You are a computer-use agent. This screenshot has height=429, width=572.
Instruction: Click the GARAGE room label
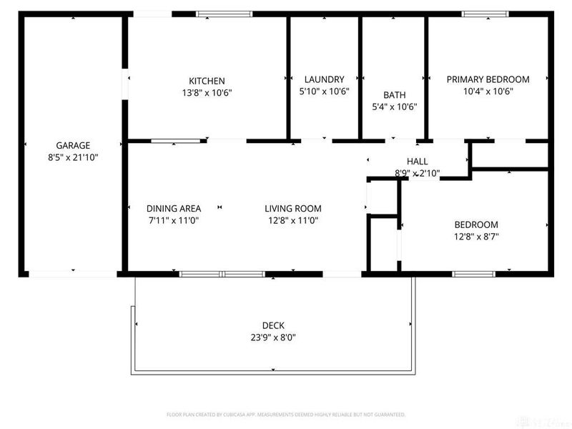click(73, 145)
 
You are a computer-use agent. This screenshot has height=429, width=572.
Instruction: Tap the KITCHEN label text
click(207, 80)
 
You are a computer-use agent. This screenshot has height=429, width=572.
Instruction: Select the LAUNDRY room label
click(324, 79)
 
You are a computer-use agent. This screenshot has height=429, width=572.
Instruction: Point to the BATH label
click(394, 94)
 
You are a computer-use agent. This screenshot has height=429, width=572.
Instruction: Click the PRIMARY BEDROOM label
click(488, 79)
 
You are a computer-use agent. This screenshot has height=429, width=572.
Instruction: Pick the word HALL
click(418, 162)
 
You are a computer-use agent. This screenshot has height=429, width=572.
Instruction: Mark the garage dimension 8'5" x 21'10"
click(73, 157)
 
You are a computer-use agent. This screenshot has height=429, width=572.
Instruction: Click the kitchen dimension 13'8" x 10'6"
click(207, 92)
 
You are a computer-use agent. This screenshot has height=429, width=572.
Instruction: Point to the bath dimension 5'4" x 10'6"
click(394, 107)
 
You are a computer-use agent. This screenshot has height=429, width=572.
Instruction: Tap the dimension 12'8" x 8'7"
click(475, 237)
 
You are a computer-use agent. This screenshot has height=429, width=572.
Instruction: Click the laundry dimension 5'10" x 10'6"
click(324, 92)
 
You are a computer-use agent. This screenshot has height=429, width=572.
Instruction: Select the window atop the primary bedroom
click(485, 14)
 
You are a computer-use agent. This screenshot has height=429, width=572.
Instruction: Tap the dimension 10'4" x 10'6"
click(488, 92)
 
